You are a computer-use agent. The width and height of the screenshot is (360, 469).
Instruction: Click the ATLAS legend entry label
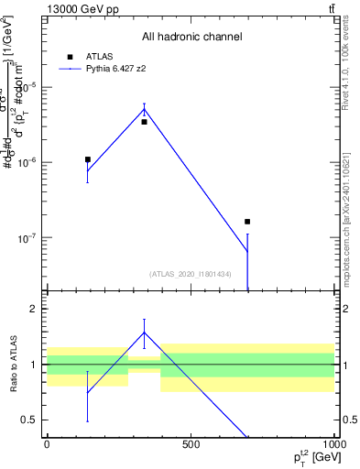click(x=98, y=56)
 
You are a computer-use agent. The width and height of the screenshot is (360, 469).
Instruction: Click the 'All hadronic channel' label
click(x=191, y=37)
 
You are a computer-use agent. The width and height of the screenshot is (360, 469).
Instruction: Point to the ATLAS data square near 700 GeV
click(x=247, y=222)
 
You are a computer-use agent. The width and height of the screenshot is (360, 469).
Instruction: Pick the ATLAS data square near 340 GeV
click(x=144, y=122)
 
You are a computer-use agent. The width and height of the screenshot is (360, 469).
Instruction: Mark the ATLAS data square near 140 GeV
click(x=88, y=159)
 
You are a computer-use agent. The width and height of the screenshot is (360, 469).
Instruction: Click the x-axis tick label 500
click(x=191, y=444)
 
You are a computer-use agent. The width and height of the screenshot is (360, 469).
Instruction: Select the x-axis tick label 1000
click(x=332, y=444)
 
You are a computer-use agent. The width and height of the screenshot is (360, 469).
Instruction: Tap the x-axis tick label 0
click(x=47, y=444)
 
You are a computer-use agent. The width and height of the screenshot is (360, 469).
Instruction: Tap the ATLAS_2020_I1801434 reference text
click(x=191, y=274)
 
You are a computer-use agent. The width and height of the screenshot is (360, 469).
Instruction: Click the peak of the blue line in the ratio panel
click(x=144, y=332)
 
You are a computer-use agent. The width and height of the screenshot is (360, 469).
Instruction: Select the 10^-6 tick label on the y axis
click(x=26, y=162)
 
